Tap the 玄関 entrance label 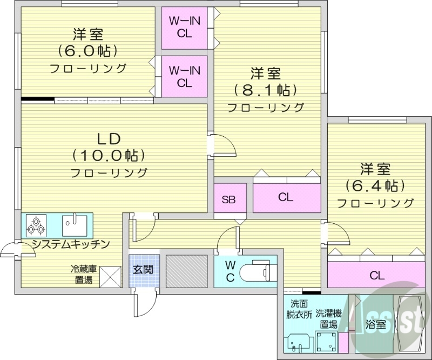click(144, 269)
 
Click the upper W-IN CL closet click(184, 26)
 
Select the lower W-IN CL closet click(184, 76)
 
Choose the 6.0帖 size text click(88, 51)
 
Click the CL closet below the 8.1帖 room click(286, 198)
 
